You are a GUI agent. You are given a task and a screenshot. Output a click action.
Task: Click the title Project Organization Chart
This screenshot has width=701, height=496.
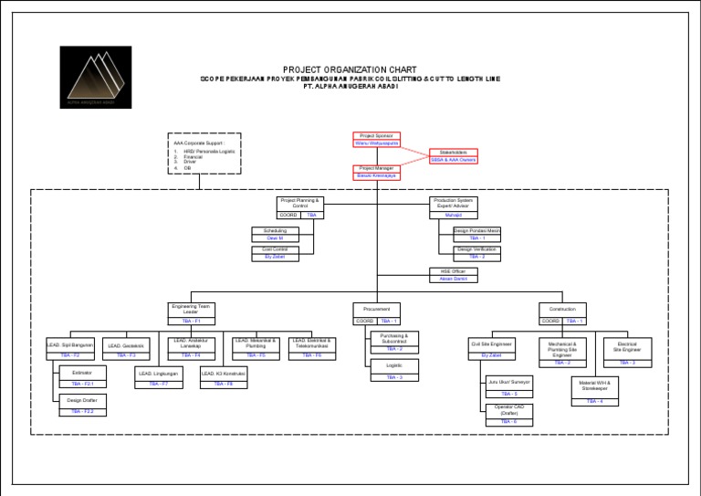350,69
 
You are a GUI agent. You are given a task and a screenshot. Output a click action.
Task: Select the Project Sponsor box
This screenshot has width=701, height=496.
376,139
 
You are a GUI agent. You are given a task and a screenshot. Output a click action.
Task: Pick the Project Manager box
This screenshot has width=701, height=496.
376,173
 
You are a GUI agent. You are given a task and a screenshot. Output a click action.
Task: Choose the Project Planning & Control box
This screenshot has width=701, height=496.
300,206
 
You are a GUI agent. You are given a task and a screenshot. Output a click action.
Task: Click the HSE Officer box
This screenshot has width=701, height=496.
454,274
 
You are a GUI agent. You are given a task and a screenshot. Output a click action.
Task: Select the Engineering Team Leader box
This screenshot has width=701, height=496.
191,313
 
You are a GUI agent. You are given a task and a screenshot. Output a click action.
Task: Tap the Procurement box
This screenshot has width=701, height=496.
376,313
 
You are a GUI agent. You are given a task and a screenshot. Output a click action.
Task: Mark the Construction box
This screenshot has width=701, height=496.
562,313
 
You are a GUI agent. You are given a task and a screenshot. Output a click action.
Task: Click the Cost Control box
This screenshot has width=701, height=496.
275,253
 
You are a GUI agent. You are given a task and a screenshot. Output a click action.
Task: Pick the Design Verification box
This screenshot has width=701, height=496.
477,253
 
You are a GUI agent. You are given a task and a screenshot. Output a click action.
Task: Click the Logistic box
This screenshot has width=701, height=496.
395,369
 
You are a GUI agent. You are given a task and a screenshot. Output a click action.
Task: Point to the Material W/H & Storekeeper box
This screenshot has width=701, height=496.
594,389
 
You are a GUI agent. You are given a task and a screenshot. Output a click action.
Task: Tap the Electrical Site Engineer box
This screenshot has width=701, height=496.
628,352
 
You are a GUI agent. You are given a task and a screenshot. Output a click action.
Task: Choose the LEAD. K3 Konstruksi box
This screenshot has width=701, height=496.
224,378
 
